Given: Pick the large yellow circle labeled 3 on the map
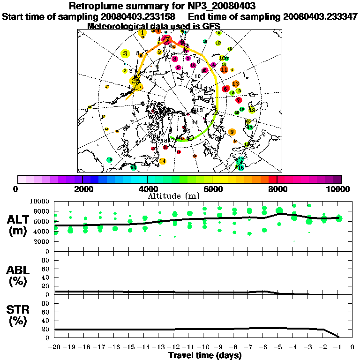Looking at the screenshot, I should click(x=125, y=54).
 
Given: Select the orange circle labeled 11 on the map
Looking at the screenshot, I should click(x=225, y=69).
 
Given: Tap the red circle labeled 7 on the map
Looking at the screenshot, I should click(x=239, y=100).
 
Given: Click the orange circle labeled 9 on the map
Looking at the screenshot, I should click(x=232, y=132).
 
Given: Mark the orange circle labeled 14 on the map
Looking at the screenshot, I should click(x=163, y=161).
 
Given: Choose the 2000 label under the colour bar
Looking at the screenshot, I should click(x=82, y=189).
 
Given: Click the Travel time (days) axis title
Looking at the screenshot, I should click(x=205, y=356).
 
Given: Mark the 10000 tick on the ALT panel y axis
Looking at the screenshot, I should click(x=40, y=201).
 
